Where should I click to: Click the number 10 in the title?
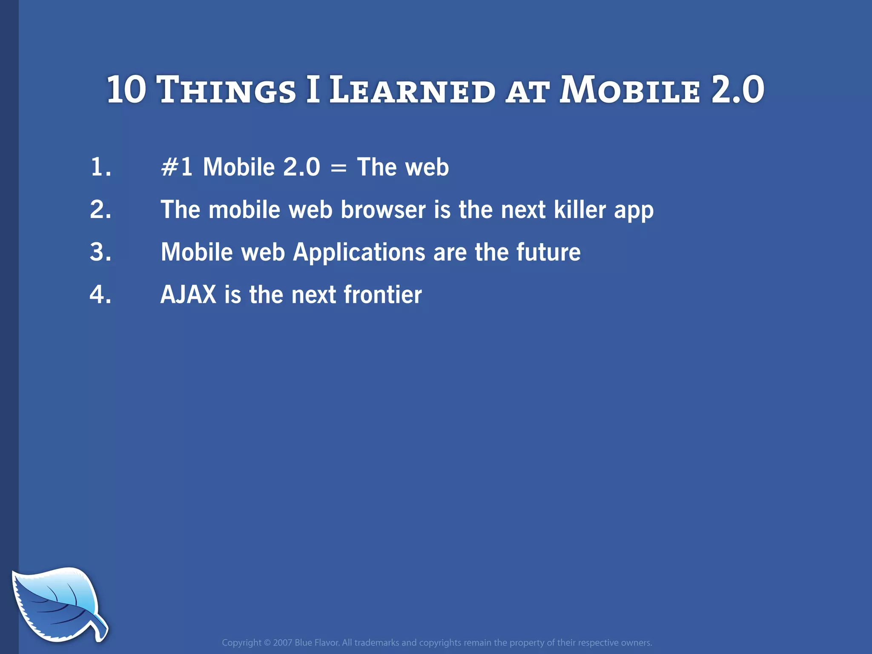[x=126, y=89]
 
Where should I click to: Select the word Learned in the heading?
[x=412, y=90]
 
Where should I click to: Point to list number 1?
[x=100, y=167]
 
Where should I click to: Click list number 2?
[x=100, y=209]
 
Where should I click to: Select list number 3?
[x=100, y=252]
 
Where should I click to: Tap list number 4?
[x=100, y=295]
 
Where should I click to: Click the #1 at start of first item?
[x=176, y=167]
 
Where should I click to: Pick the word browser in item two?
[x=383, y=209]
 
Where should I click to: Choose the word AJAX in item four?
[x=188, y=295]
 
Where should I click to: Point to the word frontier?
[x=382, y=295]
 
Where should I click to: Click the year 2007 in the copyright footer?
[x=282, y=643]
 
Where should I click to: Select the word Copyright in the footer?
[x=241, y=643]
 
